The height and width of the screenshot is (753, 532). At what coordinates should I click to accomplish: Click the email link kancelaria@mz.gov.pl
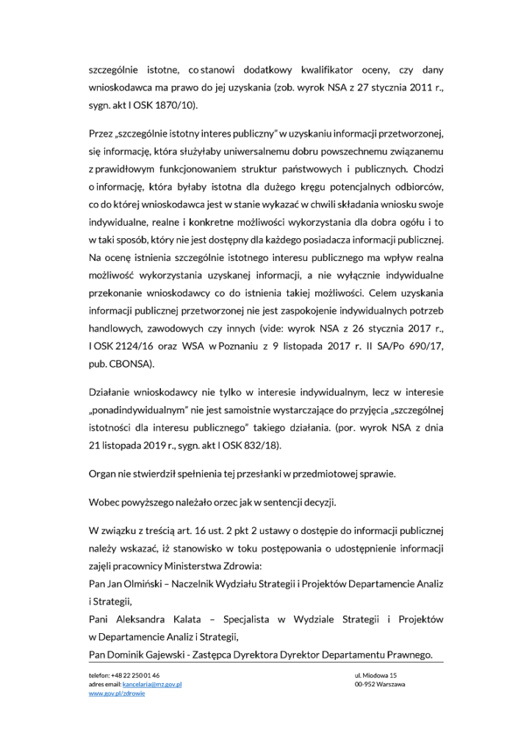click(152, 684)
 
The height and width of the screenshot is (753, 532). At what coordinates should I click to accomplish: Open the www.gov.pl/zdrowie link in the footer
click(117, 693)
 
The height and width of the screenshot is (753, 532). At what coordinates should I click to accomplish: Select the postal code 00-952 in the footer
click(364, 684)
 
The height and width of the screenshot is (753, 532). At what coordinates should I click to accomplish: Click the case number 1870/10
click(177, 105)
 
